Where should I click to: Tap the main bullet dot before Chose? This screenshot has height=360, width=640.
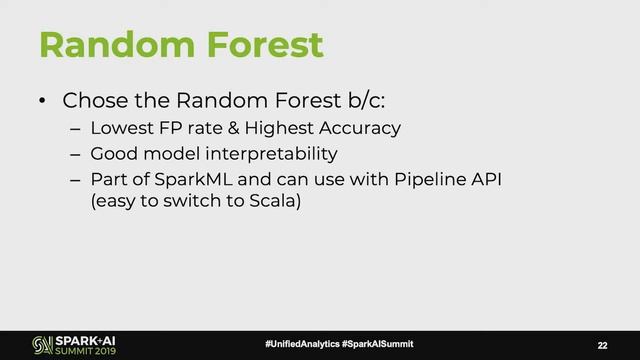pyautogui.click(x=42, y=102)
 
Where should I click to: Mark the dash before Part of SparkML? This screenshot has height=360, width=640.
pyautogui.click(x=75, y=182)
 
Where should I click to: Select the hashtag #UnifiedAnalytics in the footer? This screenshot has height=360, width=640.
pyautogui.click(x=301, y=344)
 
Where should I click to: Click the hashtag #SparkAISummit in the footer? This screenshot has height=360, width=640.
pyautogui.click(x=377, y=344)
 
